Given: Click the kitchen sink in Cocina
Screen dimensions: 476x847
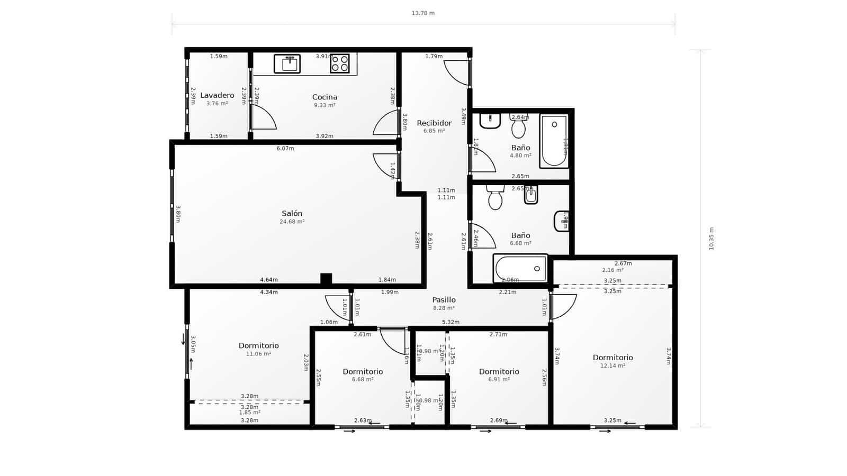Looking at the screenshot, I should coord(287,63).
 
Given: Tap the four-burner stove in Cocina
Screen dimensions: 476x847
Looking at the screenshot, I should coord(340,63).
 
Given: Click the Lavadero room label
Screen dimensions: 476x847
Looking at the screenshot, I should coord(217,96).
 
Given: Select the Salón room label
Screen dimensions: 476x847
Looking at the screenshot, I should coord(292,214).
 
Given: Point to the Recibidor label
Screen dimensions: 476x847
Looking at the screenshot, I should coord(434,123).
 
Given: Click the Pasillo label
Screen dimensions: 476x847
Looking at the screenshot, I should coord(444,300).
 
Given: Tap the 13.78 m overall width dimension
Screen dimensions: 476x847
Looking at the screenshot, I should coord(423,13).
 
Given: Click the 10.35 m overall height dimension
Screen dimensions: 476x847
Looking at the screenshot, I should coord(711,239).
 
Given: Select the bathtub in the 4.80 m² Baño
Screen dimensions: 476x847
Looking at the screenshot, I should coord(554,141).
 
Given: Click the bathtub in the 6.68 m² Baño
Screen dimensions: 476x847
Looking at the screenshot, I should coord(520,268).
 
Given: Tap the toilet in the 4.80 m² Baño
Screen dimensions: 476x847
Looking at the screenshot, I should coord(518,127).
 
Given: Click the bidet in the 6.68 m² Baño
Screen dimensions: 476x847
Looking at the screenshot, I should coord(531,195).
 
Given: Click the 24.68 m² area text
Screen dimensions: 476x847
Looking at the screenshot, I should coord(292,222).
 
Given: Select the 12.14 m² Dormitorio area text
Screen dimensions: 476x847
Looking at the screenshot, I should coord(612,365).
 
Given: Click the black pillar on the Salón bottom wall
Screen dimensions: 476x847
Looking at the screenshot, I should coord(326,279).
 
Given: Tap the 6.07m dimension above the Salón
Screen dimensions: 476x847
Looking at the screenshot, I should coord(285,149).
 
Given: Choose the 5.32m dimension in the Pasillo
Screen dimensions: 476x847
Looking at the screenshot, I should coord(450,322).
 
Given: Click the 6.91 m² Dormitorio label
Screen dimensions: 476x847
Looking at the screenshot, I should coord(499,372).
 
